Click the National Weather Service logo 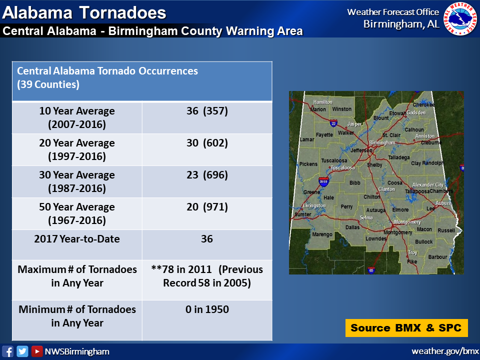click(x=461, y=18)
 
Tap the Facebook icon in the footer click(x=7, y=351)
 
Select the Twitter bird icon click(x=22, y=351)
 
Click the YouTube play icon click(x=37, y=351)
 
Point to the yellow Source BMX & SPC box click(x=406, y=328)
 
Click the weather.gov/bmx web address click(x=445, y=351)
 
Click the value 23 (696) click(x=207, y=175)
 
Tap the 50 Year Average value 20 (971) click(x=207, y=207)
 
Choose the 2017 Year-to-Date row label click(x=77, y=239)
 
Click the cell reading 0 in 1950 click(x=207, y=309)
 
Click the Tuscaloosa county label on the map click(x=334, y=160)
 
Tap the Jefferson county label click(x=361, y=150)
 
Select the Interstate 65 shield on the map click(x=371, y=270)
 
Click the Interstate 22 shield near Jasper click(x=333, y=123)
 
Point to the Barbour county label click(x=437, y=257)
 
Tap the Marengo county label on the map click(x=322, y=234)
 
